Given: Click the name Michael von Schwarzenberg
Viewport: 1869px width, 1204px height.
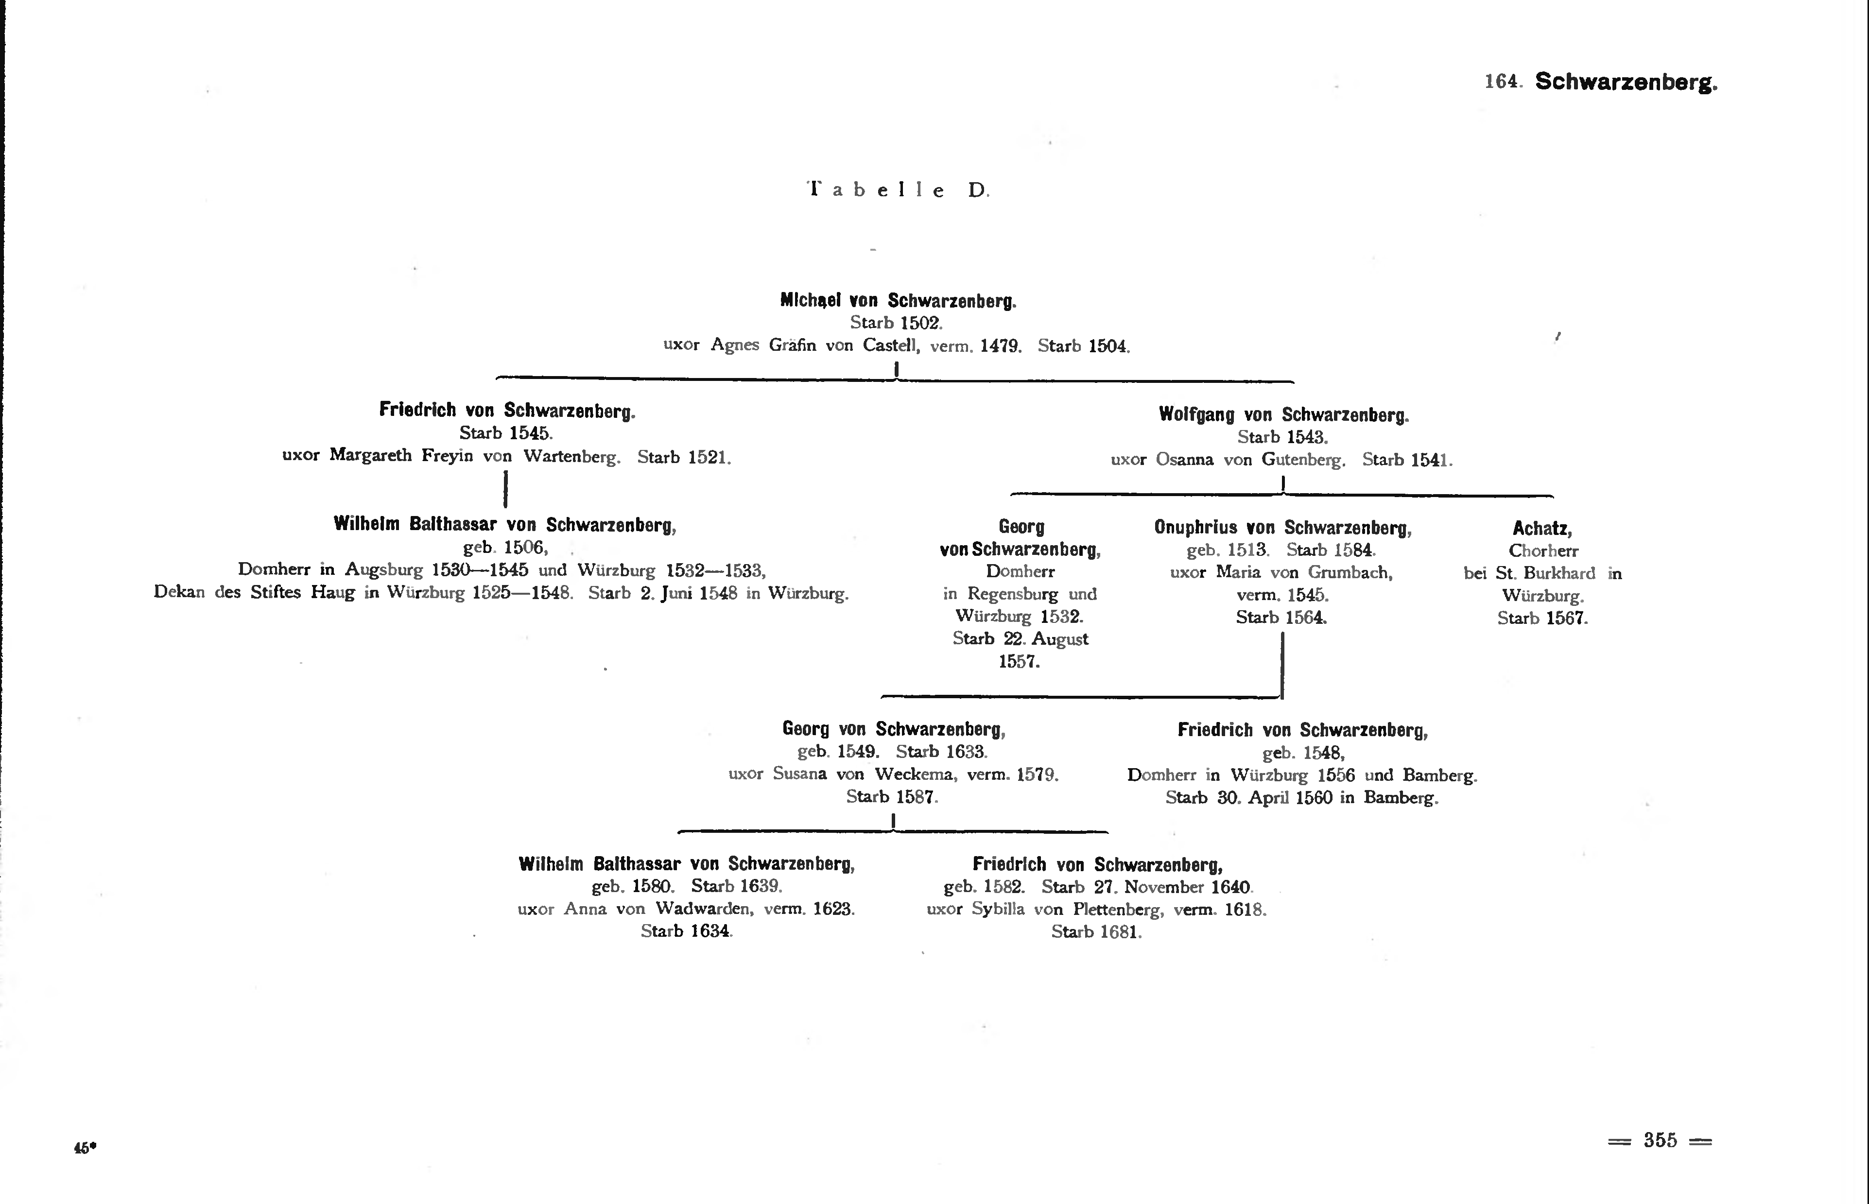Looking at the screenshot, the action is coord(898,300).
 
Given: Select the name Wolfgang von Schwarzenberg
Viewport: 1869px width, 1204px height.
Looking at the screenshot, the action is coord(1283,414).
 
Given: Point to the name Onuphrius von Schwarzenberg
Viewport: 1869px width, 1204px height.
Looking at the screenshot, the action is coord(1282,528).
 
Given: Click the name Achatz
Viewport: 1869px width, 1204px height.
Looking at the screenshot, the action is coord(1542,529).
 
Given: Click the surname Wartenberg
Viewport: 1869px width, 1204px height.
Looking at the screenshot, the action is coord(571,457).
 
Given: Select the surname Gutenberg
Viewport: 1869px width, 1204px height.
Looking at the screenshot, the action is coord(1304,460).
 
